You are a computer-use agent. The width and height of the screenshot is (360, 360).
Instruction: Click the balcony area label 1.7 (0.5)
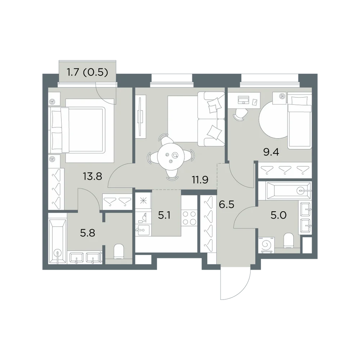[x=87, y=73]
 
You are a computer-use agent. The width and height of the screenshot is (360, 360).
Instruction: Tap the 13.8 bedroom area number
[x=93, y=176]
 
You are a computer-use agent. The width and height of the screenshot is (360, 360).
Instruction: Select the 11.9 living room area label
[x=200, y=180]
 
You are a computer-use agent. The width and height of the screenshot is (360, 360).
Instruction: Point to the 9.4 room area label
[x=271, y=152]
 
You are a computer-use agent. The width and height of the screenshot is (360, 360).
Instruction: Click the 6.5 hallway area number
[x=226, y=204]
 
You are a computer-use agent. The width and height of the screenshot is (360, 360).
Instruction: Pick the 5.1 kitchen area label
[x=165, y=216]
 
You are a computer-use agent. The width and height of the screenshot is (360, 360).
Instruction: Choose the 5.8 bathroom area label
[x=88, y=233]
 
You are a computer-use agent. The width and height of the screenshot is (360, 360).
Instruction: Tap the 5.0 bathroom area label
[x=279, y=216]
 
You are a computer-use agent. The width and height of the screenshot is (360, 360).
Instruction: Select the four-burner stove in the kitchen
[x=189, y=219]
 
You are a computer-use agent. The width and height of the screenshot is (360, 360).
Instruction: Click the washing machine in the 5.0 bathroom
[x=266, y=245]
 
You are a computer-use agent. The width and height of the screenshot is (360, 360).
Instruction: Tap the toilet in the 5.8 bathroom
[x=119, y=251]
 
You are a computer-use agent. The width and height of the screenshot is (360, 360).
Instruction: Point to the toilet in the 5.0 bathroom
[x=289, y=241]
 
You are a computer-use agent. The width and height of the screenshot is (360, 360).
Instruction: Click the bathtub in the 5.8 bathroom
[x=58, y=238]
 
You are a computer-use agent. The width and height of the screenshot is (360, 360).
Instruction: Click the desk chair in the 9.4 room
[x=240, y=114]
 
